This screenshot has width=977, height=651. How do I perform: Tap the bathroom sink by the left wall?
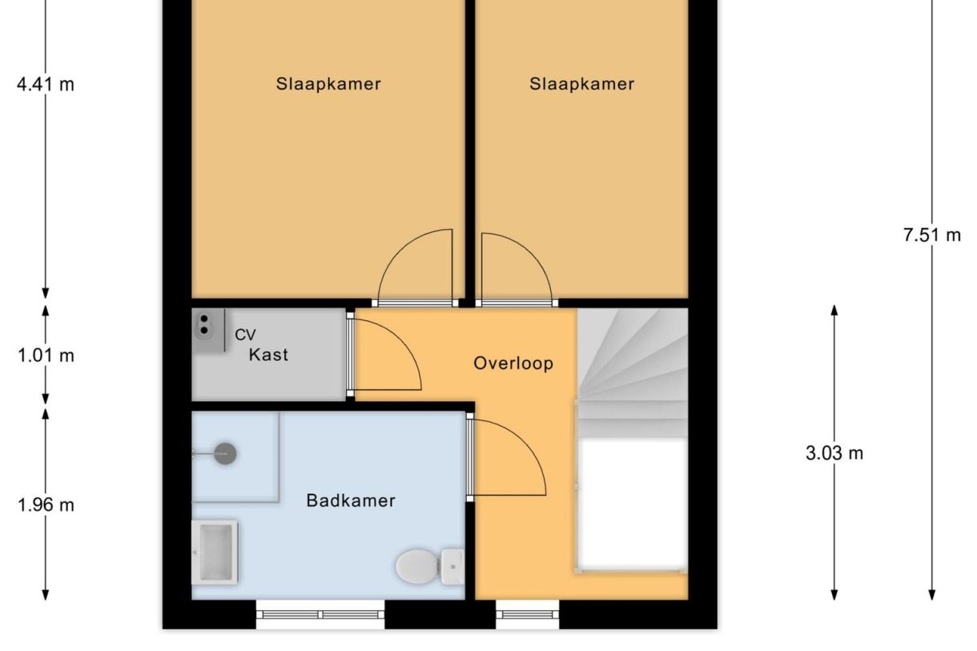(215, 551)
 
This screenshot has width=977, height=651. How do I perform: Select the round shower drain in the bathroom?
(226, 454)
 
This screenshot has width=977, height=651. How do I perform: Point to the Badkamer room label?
(351, 501)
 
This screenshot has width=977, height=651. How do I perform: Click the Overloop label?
(513, 363)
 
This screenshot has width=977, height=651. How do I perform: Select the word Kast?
(268, 354)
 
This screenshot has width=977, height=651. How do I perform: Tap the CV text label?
(245, 335)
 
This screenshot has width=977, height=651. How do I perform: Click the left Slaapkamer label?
(328, 84)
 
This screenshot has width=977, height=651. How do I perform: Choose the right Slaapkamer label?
(581, 84)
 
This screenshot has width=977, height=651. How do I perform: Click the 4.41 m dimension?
(46, 84)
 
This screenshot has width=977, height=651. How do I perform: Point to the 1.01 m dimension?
(46, 356)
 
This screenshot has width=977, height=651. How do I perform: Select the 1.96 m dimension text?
(46, 504)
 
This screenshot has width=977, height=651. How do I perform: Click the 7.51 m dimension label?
(932, 235)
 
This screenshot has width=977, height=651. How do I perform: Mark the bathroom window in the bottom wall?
(320, 615)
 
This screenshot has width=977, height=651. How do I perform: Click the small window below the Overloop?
(527, 615)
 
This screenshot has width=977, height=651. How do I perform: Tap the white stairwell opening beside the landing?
(632, 503)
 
